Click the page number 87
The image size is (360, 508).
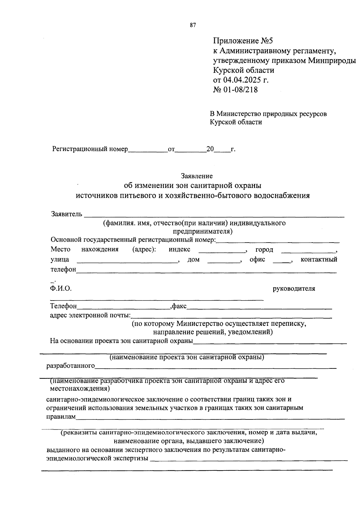point(193,26)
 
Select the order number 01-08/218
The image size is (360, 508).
point(240,89)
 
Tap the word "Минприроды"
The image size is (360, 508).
point(332,61)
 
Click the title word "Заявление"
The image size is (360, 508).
point(196,176)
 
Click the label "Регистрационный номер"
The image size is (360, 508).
point(90,149)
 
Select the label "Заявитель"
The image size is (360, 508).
point(67,214)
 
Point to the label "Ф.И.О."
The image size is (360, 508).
point(61,289)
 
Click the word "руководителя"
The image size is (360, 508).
point(294,289)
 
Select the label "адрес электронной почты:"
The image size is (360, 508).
point(90,316)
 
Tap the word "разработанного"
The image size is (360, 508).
point(70,366)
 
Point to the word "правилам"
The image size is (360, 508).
point(61,416)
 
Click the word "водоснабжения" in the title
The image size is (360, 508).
point(281,196)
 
